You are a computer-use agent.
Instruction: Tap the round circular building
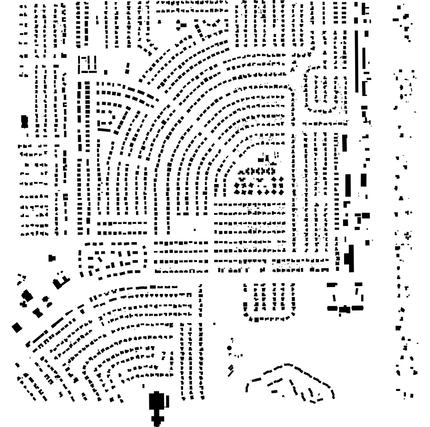(x=229, y=348)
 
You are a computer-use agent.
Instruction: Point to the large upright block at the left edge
(x=25, y=122)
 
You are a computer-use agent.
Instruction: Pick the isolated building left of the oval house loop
(x=52, y=258)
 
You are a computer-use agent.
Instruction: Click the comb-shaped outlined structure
(x=87, y=64)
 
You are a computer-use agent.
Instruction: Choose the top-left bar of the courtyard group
(x=332, y=285)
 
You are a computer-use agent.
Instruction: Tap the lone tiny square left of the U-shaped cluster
(x=215, y=323)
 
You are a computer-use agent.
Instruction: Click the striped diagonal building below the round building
(x=231, y=369)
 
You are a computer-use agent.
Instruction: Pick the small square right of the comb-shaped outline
(x=106, y=72)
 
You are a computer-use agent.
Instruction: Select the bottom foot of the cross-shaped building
(x=157, y=421)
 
